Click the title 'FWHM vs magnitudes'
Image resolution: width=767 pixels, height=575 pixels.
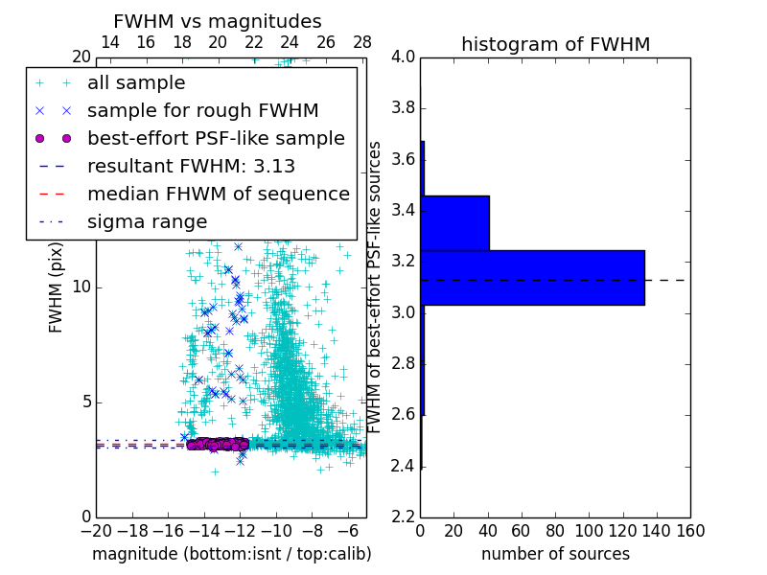[218, 21]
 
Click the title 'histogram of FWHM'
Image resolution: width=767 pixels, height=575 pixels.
[555, 44]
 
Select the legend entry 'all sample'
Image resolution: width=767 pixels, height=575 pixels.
[136, 83]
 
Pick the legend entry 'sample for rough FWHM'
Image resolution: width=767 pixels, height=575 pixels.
[202, 110]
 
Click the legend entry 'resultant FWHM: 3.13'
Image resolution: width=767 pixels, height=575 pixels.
[191, 166]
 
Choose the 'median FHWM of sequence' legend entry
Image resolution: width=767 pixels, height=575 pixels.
[218, 194]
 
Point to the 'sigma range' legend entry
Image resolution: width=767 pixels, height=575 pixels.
[147, 221]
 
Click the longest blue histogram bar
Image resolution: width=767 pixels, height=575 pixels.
[532, 277]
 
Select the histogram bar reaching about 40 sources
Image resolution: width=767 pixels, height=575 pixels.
[454, 222]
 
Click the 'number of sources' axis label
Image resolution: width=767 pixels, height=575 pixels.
[555, 554]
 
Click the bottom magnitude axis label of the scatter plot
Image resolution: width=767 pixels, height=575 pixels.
[231, 554]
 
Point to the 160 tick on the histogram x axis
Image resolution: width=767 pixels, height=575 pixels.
[690, 531]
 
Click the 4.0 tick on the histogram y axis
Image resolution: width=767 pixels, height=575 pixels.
[403, 57]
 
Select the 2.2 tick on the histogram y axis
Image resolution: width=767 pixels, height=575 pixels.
[403, 517]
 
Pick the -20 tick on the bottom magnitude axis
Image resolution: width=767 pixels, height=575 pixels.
[96, 531]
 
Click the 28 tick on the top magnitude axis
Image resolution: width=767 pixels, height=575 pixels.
[362, 42]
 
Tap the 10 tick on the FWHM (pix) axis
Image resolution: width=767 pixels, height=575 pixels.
[82, 287]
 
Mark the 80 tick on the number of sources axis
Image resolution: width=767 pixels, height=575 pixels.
[555, 531]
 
